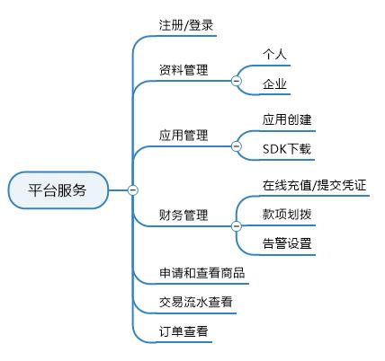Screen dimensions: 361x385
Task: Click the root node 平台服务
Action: click(x=58, y=189)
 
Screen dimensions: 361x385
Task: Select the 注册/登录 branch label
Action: click(x=186, y=25)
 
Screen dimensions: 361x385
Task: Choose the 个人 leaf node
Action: click(x=274, y=55)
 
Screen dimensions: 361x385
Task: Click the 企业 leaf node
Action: click(x=274, y=84)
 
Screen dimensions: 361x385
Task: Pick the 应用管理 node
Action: click(x=183, y=135)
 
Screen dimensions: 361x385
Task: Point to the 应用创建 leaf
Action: click(x=287, y=119)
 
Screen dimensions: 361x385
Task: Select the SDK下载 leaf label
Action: click(x=287, y=148)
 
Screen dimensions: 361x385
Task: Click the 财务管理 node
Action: click(x=183, y=216)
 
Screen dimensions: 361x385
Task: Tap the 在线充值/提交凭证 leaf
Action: click(x=315, y=186)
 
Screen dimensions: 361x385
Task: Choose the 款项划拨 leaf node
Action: click(x=287, y=216)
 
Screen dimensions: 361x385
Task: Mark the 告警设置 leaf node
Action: click(x=287, y=243)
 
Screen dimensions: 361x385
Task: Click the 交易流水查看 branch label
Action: click(x=195, y=303)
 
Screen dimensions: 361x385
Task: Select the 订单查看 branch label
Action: click(x=183, y=331)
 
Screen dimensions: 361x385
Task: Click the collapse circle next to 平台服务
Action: click(x=133, y=189)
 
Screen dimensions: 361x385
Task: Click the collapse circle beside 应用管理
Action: click(x=237, y=145)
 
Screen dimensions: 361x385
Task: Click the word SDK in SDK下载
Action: click(x=273, y=148)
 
